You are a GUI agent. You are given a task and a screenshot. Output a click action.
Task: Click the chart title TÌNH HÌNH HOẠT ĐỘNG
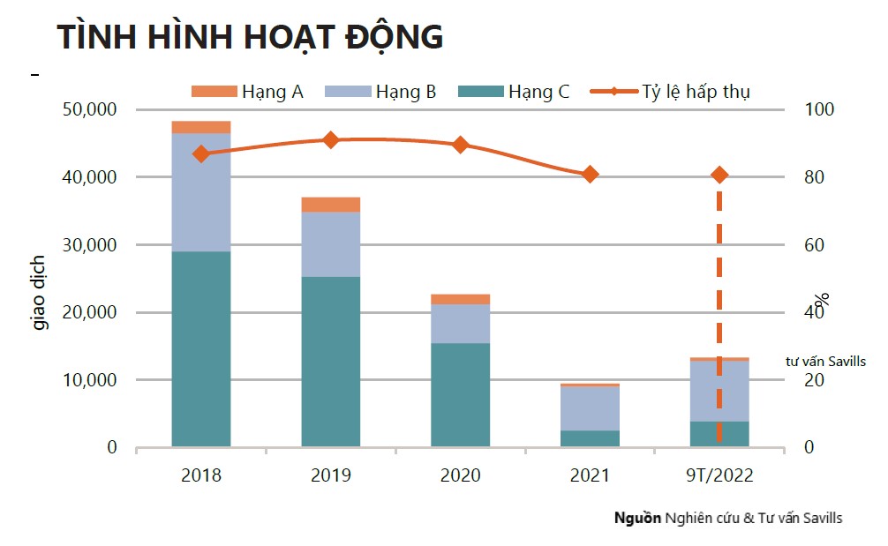250,37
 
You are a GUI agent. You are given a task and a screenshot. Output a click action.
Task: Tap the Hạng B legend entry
381,91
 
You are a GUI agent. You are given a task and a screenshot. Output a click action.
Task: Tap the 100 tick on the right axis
819,109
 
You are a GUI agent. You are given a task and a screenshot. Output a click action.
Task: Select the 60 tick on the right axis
813,245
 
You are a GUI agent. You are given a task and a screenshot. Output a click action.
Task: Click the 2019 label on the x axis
331,475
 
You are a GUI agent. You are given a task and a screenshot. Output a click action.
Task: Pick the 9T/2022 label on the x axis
719,475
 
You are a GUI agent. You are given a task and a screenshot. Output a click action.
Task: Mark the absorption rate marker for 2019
331,139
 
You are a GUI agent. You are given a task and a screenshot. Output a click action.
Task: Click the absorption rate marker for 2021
590,175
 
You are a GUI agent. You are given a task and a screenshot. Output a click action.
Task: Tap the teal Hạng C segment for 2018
201,348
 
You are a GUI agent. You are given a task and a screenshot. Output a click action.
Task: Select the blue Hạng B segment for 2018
201,192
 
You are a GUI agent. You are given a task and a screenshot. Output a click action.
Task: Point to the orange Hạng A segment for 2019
331,205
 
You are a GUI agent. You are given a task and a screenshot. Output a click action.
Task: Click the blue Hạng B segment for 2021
590,408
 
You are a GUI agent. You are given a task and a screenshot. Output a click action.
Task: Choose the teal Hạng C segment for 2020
460,394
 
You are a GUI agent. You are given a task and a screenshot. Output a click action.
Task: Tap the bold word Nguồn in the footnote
637,518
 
